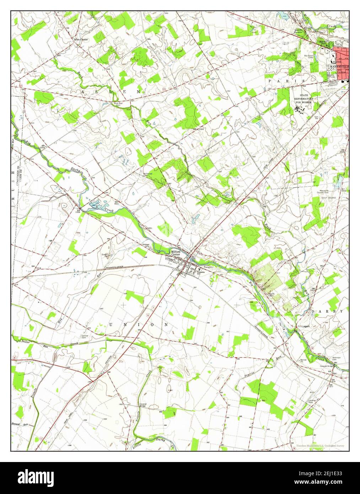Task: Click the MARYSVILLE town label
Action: click(x=337, y=66)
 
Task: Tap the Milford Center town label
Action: click(x=176, y=251)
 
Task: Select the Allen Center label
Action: click(x=81, y=39)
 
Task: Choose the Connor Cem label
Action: click(x=85, y=337)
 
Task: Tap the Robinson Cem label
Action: click(x=337, y=358)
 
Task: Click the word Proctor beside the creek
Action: click(x=25, y=341)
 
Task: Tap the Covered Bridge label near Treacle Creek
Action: click(x=143, y=405)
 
